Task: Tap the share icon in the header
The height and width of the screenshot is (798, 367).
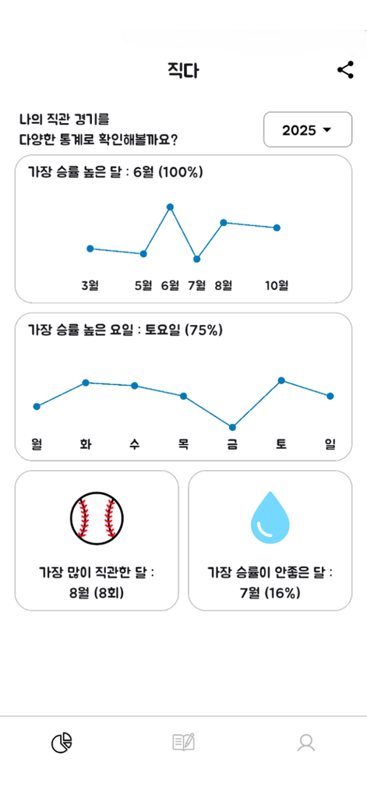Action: coord(345,70)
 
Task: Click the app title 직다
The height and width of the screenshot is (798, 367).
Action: coord(183,70)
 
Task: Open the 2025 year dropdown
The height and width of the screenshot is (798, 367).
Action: coord(307,130)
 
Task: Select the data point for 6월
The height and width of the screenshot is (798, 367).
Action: coord(170,207)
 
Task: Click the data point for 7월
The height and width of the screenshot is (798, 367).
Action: coord(197,259)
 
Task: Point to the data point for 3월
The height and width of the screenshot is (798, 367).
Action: coord(90,249)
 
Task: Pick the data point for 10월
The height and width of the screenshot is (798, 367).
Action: coord(277,228)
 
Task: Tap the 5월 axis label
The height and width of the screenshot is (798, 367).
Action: coord(143,285)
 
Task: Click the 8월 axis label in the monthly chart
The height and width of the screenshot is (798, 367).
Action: coord(224,285)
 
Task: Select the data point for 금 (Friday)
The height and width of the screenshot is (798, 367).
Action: coord(232,427)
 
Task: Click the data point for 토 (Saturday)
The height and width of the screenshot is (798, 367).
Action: coord(281,380)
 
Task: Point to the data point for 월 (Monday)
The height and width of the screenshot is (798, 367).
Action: coord(37,406)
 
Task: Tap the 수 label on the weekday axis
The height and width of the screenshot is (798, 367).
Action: coord(135,445)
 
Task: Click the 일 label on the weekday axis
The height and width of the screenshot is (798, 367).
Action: coord(330,445)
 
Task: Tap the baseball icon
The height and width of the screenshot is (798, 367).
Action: coord(97,517)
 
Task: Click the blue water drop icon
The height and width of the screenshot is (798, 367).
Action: coord(270,517)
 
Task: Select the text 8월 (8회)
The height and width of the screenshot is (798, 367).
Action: coord(97,592)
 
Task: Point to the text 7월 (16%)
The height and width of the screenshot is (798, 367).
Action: coord(270,592)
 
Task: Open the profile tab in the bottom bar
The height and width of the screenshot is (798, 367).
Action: coord(306,743)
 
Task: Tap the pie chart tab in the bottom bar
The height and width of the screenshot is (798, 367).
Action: coord(62,743)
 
